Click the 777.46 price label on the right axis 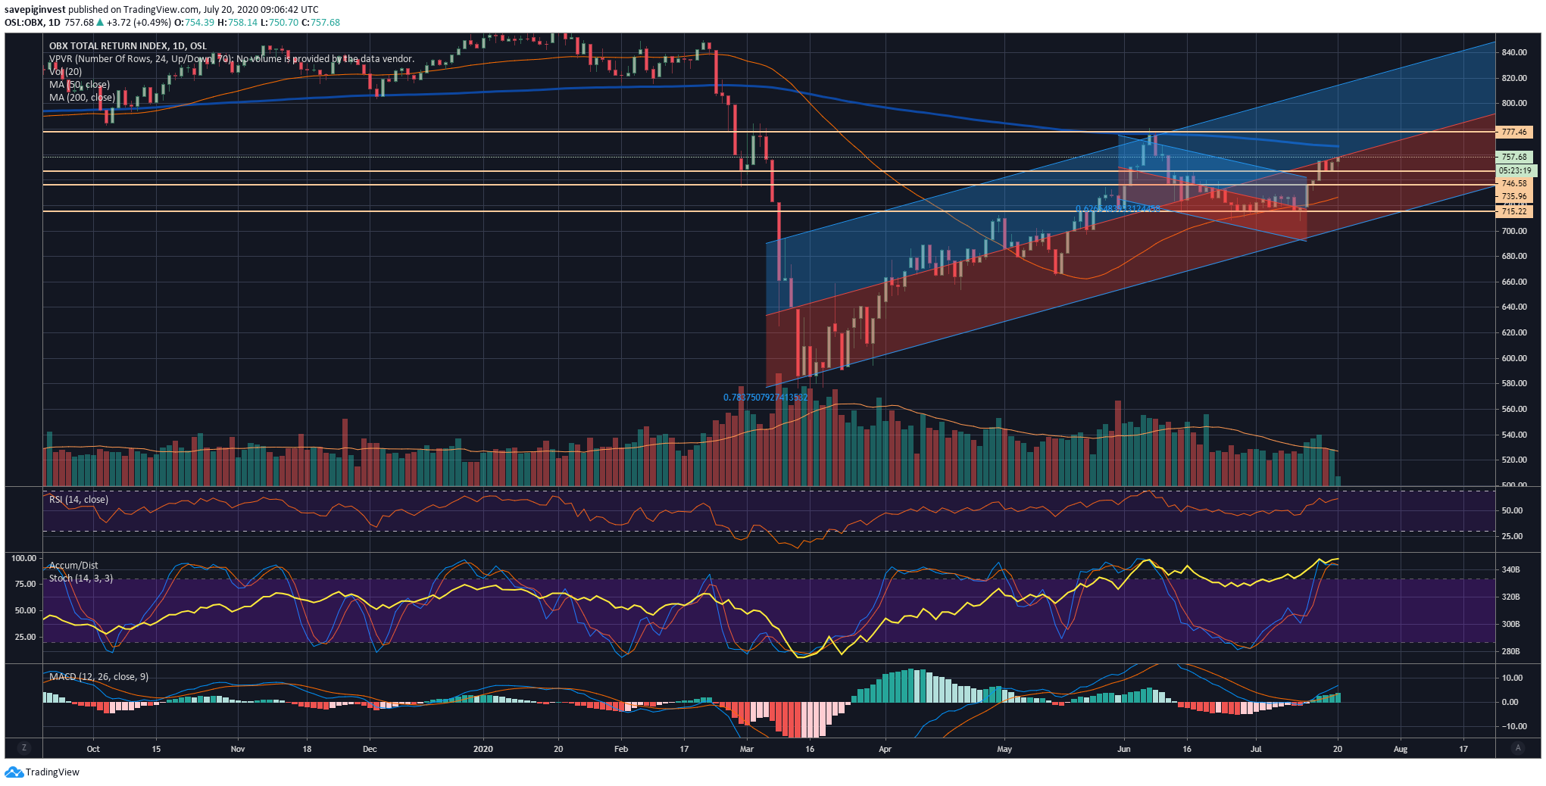pyautogui.click(x=1513, y=132)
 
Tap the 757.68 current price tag pyautogui.click(x=1513, y=157)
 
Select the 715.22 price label pyautogui.click(x=1513, y=211)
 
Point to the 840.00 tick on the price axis pyautogui.click(x=1513, y=52)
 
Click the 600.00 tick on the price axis pyautogui.click(x=1513, y=358)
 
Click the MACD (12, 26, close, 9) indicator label pyautogui.click(x=98, y=676)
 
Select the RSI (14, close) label pyautogui.click(x=79, y=499)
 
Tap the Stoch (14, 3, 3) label pyautogui.click(x=81, y=578)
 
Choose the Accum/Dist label pyautogui.click(x=73, y=565)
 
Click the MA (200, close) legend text pyautogui.click(x=82, y=97)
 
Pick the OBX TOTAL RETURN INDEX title pyautogui.click(x=128, y=45)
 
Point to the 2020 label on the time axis pyautogui.click(x=483, y=749)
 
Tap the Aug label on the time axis pyautogui.click(x=1401, y=749)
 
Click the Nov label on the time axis pyautogui.click(x=238, y=749)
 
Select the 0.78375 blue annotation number pyautogui.click(x=765, y=397)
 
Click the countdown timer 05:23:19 pyautogui.click(x=1515, y=170)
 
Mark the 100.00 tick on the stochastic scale pyautogui.click(x=23, y=558)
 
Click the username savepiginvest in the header pyautogui.click(x=35, y=10)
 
